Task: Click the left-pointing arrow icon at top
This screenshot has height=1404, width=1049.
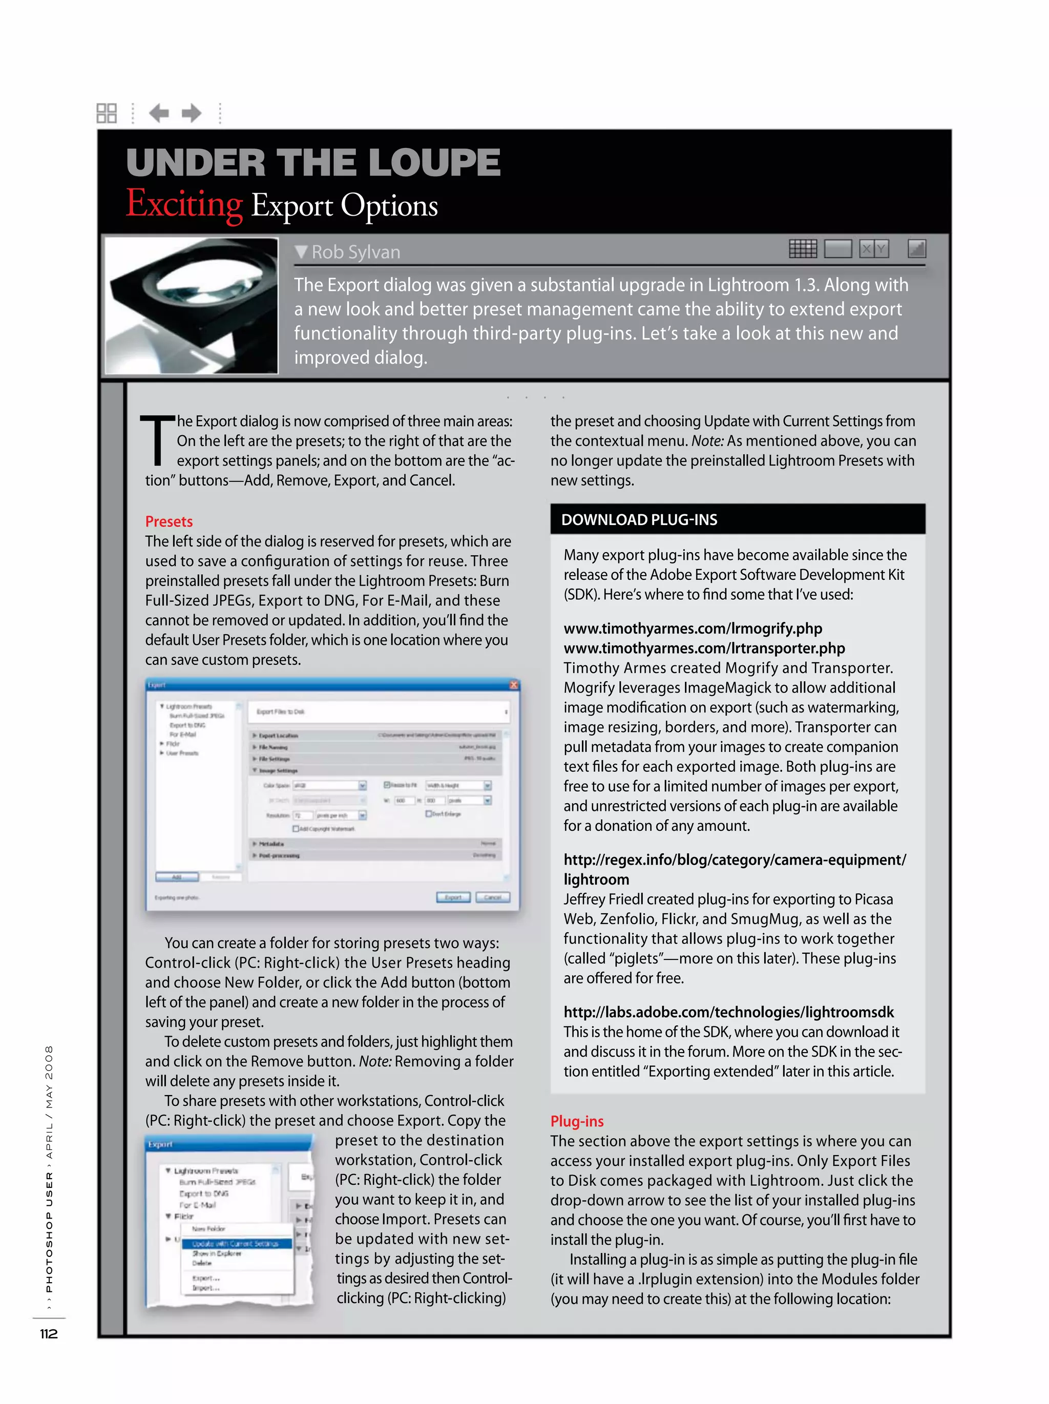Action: pos(159,113)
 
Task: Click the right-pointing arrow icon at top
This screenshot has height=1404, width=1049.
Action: pos(192,113)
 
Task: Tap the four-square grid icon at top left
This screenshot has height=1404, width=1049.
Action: pos(107,113)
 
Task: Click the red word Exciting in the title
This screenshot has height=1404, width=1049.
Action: pos(184,204)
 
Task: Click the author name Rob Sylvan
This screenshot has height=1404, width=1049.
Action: pos(355,252)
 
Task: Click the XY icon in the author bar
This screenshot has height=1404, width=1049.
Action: pos(873,249)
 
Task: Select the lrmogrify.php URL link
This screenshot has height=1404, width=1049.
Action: pos(693,628)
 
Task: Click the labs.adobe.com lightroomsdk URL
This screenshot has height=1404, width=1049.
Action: pos(728,1012)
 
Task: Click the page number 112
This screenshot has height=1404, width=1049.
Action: pos(49,1333)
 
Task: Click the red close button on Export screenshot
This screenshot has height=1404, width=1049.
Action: pos(513,685)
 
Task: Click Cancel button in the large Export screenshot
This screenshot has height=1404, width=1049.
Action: pos(492,897)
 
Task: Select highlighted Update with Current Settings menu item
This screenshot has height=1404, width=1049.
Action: pos(236,1243)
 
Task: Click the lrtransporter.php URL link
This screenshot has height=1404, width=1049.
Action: pos(704,648)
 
